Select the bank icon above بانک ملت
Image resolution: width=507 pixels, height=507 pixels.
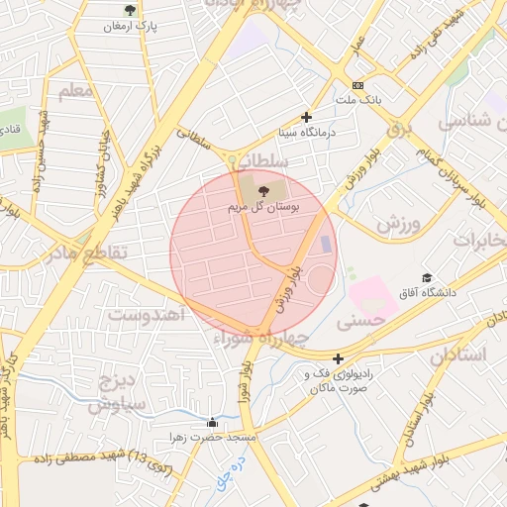coord(357,86)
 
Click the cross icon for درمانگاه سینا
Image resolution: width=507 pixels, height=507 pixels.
coord(307,117)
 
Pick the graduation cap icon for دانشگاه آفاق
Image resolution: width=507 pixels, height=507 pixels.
coord(427,278)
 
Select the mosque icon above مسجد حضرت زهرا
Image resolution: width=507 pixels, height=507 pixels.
coord(211,422)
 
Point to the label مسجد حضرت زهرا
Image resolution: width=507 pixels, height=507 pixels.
coord(214,437)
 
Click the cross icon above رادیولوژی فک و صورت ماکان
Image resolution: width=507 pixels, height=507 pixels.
coord(339,358)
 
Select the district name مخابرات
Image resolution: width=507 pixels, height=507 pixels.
coord(479,241)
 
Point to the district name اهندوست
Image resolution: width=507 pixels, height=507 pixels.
coord(147,315)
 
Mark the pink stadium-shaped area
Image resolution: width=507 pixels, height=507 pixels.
coord(371,295)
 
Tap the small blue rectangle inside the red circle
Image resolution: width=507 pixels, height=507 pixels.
coord(327,245)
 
